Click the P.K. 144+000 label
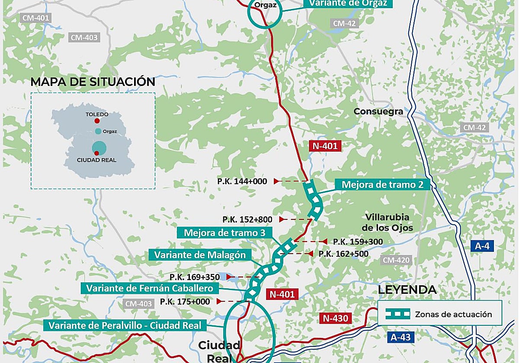(242, 181)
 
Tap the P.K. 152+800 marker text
(247, 220)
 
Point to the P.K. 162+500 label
(343, 254)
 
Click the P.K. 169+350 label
(195, 277)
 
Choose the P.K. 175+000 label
(185, 302)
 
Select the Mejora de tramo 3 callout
(224, 233)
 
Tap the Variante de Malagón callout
(199, 255)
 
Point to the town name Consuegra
(378, 111)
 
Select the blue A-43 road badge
(401, 338)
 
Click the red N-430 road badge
(334, 318)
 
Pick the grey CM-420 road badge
(396, 260)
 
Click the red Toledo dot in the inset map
(97, 121)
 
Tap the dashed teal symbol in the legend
(397, 314)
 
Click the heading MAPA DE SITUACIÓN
(93, 82)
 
